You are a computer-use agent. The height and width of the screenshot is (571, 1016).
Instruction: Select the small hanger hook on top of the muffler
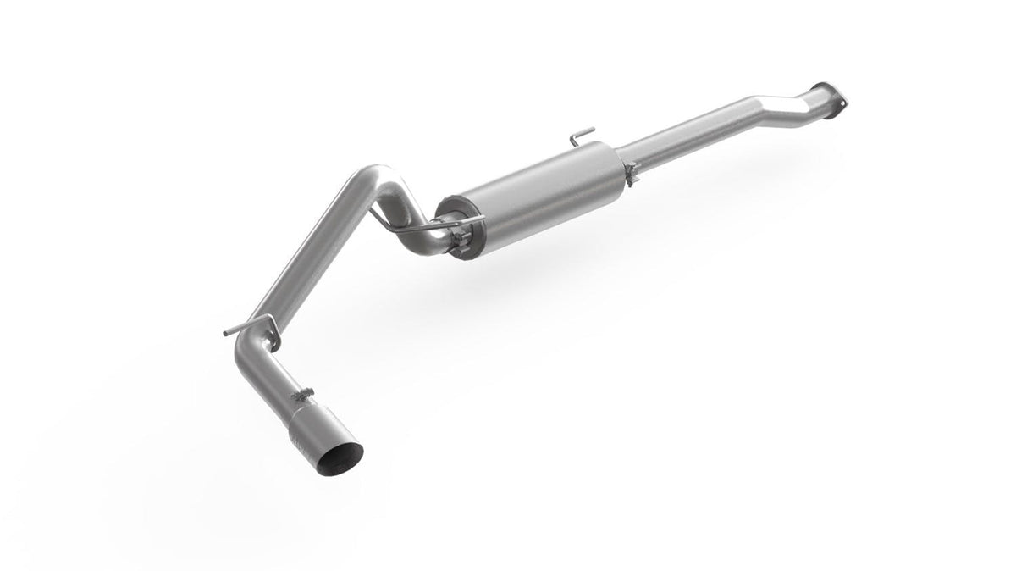point(581,136)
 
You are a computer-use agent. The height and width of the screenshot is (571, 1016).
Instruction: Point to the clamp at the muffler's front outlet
point(632,172)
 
